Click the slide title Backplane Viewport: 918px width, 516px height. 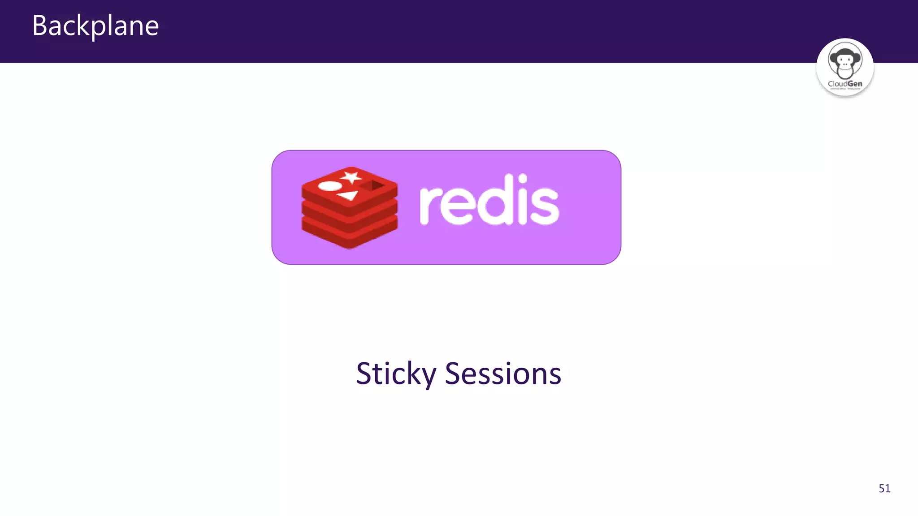[x=95, y=26]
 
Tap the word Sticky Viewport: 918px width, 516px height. [x=396, y=374]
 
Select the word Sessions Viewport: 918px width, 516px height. [x=502, y=374]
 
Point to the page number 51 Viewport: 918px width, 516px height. [x=884, y=488]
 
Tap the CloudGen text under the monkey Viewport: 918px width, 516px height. [x=845, y=84]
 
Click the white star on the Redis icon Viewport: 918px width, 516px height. [x=351, y=177]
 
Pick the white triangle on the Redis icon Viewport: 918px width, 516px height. [x=348, y=195]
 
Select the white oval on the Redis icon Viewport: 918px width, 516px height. [x=329, y=186]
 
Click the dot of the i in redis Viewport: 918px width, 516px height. [x=522, y=179]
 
